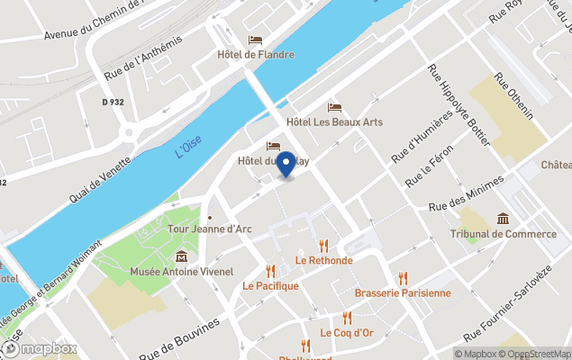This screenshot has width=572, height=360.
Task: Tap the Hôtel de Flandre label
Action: [x=256, y=54]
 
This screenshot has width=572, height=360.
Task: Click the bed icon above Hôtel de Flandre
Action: [x=256, y=40]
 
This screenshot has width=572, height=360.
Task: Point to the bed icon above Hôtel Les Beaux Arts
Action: [x=334, y=107]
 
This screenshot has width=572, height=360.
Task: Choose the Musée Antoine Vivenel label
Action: [x=181, y=270]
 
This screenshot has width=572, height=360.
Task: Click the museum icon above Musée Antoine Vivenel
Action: [x=181, y=256]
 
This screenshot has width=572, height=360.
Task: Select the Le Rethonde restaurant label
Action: [x=323, y=260]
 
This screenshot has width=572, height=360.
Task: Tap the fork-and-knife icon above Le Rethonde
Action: [x=323, y=246]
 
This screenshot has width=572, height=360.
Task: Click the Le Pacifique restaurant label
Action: [x=270, y=285]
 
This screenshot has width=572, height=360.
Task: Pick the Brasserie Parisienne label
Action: [x=403, y=292]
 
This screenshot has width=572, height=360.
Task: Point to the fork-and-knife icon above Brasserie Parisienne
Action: [x=403, y=278]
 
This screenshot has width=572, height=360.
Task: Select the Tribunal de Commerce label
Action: [x=503, y=234]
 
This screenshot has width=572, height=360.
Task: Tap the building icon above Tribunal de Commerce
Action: [x=503, y=219]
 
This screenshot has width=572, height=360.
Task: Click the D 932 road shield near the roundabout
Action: [x=113, y=103]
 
